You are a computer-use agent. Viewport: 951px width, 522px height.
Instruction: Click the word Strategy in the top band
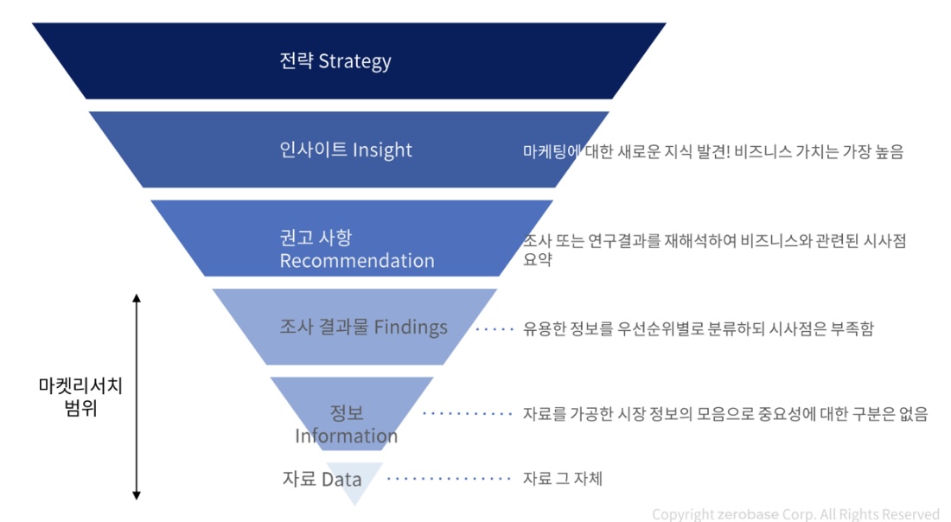[x=354, y=61]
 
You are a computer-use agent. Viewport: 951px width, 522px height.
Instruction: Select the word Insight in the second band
[x=382, y=150]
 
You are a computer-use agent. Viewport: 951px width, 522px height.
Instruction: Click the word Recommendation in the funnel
[x=357, y=260]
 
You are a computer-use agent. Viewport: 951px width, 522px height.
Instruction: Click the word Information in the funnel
[x=347, y=436]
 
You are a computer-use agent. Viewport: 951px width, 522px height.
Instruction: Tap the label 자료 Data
[x=322, y=478]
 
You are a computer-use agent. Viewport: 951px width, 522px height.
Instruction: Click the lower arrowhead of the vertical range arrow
[x=136, y=494]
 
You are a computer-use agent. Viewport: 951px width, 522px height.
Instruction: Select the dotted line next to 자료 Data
[x=450, y=478]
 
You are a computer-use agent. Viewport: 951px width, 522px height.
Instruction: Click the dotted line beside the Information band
[x=468, y=414]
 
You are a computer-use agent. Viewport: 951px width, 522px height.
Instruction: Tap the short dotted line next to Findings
[x=494, y=328]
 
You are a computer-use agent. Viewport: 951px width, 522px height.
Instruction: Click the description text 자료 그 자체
[x=563, y=478]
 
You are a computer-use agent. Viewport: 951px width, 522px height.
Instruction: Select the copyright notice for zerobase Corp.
[x=795, y=514]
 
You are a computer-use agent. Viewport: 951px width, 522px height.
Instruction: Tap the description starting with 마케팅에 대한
[x=713, y=151]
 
